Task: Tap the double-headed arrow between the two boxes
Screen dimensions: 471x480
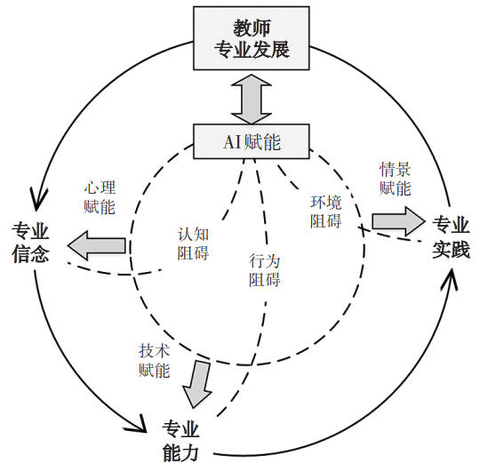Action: point(252,97)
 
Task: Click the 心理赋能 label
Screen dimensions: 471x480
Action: point(100,197)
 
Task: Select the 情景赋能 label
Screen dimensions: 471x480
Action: point(396,178)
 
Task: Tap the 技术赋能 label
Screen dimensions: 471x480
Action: point(154,361)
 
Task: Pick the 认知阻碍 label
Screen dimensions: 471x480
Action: point(193,243)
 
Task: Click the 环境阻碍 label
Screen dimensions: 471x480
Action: point(326,212)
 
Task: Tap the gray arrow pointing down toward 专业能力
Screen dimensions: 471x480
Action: point(197,387)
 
